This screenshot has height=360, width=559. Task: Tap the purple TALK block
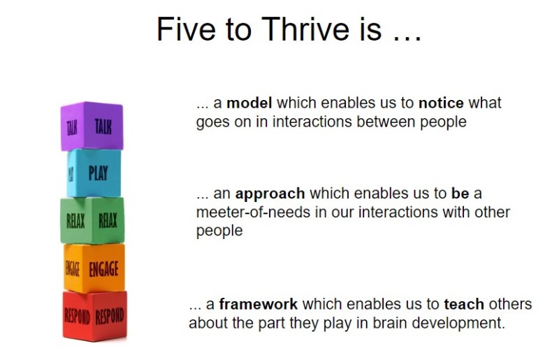point(92,127)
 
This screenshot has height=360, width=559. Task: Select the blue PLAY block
point(94,173)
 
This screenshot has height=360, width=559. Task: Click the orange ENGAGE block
point(94,268)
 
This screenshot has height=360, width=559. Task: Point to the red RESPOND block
point(94,316)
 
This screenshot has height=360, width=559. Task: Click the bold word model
point(249,103)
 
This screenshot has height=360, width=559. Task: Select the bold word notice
point(441,103)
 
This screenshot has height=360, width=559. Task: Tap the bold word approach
point(270,194)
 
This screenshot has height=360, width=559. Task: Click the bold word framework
point(258,305)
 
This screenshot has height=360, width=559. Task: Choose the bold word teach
point(463,305)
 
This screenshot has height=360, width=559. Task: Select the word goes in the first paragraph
point(212,122)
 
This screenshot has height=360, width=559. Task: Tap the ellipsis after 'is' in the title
point(405,29)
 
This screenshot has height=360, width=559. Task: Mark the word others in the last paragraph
point(509,305)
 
